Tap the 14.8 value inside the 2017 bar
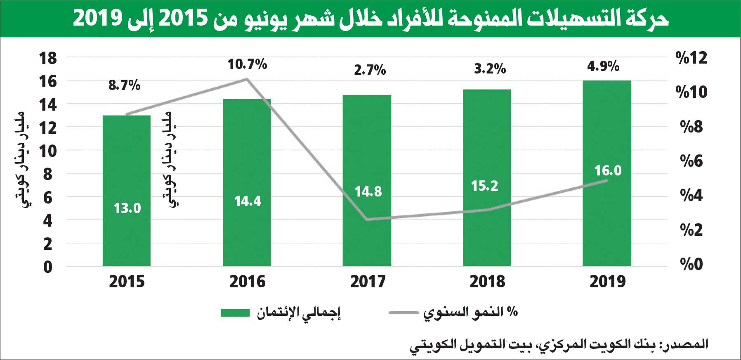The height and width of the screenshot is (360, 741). pyautogui.click(x=368, y=192)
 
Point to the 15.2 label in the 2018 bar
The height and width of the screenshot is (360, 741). pyautogui.click(x=484, y=186)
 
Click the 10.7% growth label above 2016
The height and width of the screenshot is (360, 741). pyautogui.click(x=247, y=64)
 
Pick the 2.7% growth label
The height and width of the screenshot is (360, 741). pyautogui.click(x=370, y=70)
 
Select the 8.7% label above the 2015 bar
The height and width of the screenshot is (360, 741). pyautogui.click(x=124, y=85)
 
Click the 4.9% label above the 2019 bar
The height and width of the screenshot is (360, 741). pyautogui.click(x=603, y=66)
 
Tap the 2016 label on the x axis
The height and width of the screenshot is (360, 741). pyautogui.click(x=247, y=282)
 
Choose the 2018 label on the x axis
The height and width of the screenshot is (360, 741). pyautogui.click(x=487, y=282)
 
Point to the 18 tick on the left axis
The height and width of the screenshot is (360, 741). pyautogui.click(x=48, y=58)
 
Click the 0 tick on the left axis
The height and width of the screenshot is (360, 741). pyautogui.click(x=48, y=267)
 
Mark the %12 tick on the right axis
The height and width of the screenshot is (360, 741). pyautogui.click(x=691, y=58)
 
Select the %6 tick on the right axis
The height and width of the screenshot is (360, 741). pyautogui.click(x=691, y=161)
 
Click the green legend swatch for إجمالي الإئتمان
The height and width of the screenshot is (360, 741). pyautogui.click(x=235, y=313)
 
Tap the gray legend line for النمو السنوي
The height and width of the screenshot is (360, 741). pyautogui.click(x=404, y=313)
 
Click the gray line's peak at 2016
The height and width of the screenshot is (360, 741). pyautogui.click(x=247, y=79)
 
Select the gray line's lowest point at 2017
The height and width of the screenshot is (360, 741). pyautogui.click(x=367, y=219)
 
